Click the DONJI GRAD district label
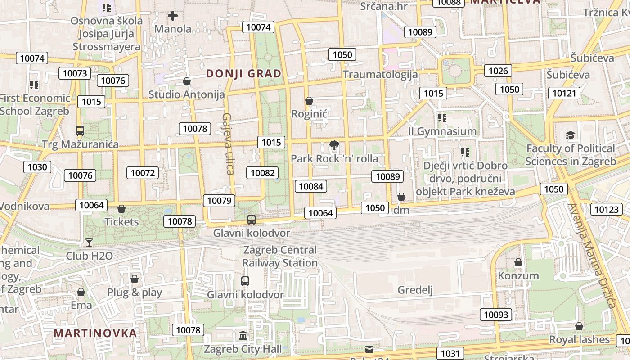(243, 73)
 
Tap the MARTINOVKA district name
(95, 333)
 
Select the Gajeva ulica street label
(228, 144)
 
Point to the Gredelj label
(415, 290)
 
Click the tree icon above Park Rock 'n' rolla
(334, 145)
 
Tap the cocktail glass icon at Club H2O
(89, 243)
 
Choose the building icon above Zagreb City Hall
(243, 336)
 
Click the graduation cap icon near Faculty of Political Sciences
(570, 135)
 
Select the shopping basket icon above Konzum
(518, 262)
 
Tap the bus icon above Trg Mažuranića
(80, 131)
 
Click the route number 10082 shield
(262, 173)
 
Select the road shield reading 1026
(498, 71)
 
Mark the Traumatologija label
(380, 74)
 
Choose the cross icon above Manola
(172, 16)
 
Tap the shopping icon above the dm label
(401, 197)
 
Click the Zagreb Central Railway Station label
(280, 256)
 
